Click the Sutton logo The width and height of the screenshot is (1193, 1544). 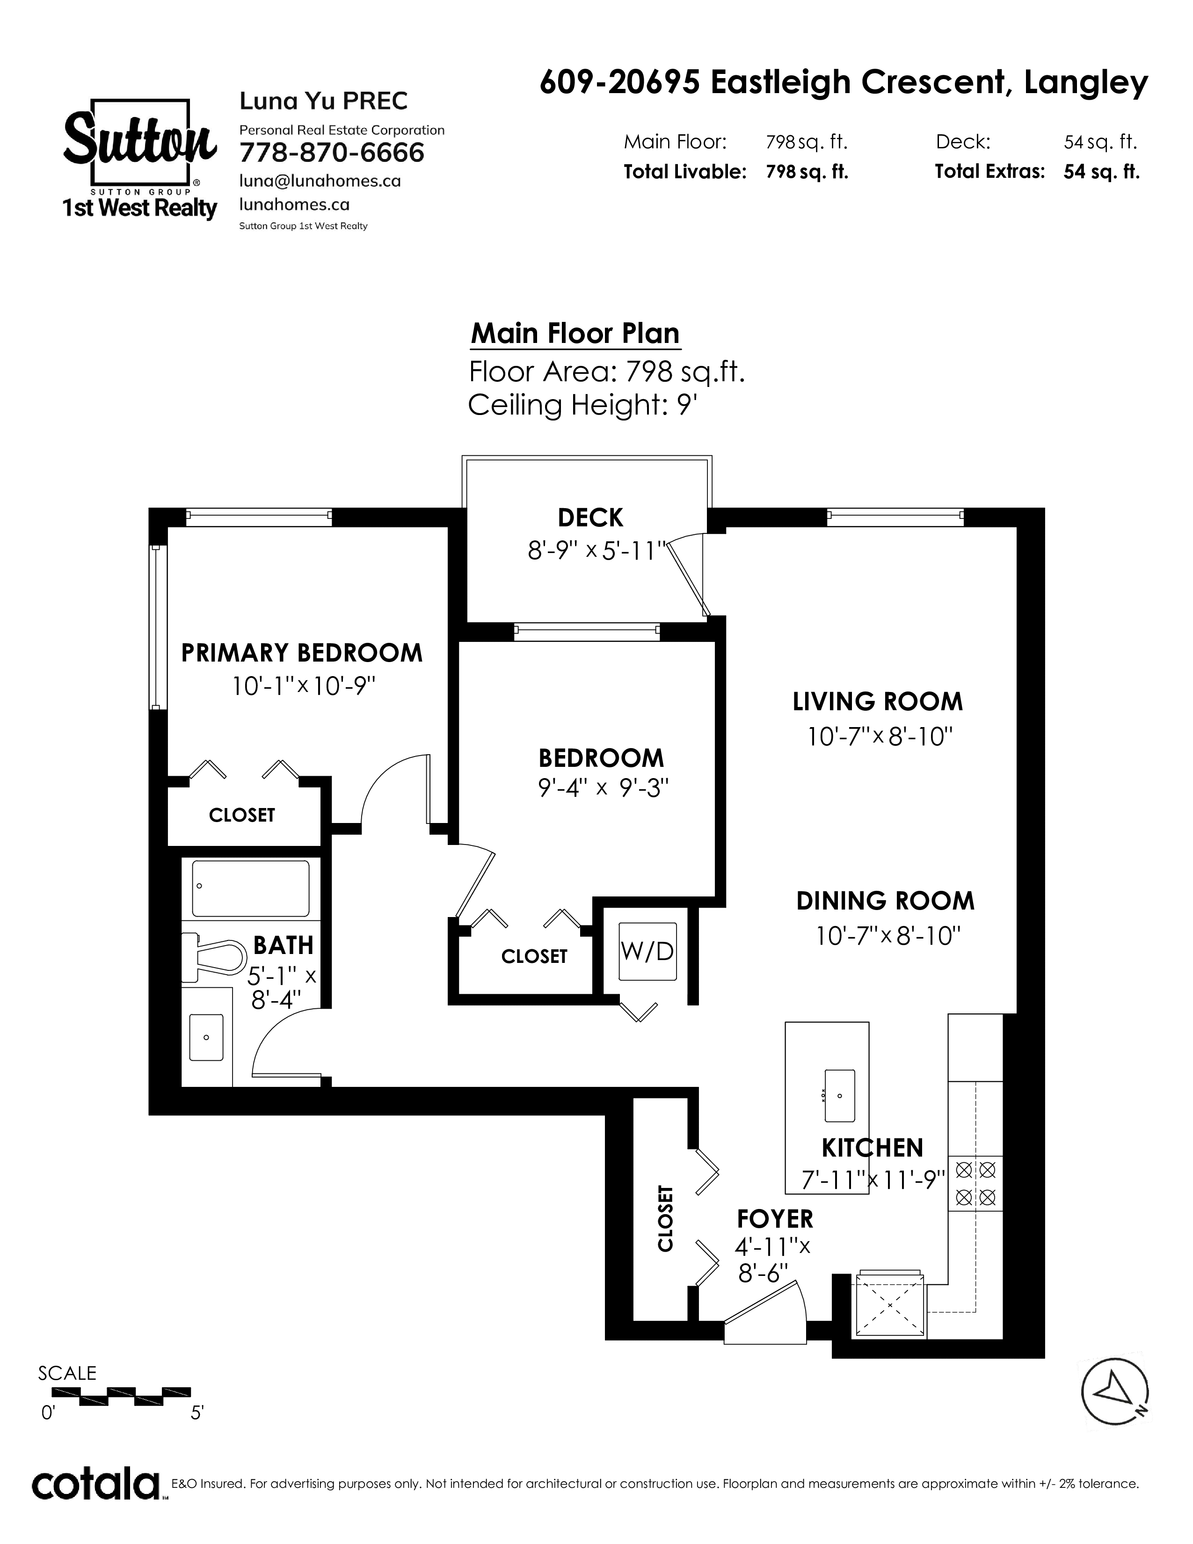[x=140, y=160]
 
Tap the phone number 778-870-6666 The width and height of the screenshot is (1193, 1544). [x=332, y=153]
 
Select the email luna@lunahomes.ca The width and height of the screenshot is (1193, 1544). [x=320, y=181]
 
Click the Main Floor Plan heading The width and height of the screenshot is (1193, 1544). [x=575, y=334]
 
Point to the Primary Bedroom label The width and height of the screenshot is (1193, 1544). [x=302, y=653]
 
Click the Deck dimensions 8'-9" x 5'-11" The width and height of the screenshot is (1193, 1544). [x=597, y=551]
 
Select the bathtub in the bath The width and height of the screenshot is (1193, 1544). [x=251, y=888]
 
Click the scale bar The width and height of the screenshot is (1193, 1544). [x=122, y=1393]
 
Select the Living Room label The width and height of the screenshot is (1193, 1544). [x=878, y=702]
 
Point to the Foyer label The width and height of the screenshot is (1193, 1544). [x=775, y=1219]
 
